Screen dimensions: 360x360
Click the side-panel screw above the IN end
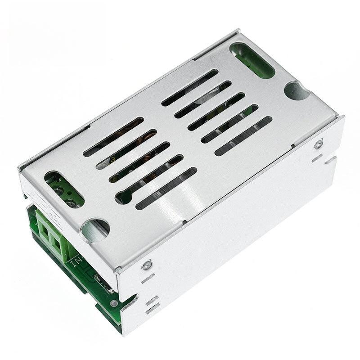145,265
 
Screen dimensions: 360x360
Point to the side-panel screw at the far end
319,144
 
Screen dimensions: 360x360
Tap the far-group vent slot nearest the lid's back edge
189,87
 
